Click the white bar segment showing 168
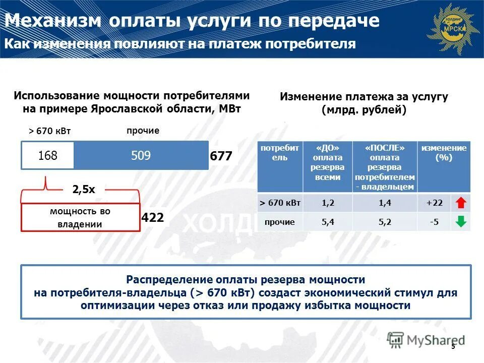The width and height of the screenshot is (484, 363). coord(48,156)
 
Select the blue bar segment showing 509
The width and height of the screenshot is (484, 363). coord(141,156)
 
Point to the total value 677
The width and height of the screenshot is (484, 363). coord(221,157)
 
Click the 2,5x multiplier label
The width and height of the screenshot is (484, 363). coord(84,190)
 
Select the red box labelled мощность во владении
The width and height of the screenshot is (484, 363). coord(80,218)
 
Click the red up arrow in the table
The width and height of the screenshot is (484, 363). coord(460,203)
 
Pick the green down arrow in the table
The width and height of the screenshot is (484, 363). coord(460,222)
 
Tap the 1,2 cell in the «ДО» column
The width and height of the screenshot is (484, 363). coord(328,203)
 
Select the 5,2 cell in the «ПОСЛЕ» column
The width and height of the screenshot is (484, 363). coord(385,222)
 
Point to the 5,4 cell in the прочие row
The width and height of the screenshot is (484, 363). coord(328,222)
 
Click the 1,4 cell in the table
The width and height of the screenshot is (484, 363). coord(385,203)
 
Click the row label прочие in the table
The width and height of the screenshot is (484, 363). coord(280,222)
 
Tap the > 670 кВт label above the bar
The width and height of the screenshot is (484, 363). coord(49,131)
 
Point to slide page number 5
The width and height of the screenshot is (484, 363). coord(453,346)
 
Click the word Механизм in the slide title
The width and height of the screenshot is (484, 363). coord(52,21)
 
